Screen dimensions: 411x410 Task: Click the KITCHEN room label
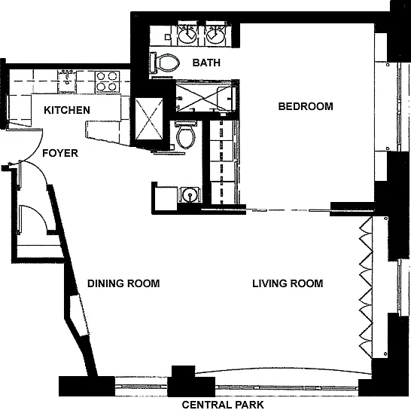(x=67, y=110)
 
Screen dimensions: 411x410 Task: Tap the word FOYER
(x=60, y=153)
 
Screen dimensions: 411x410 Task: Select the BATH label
(x=206, y=63)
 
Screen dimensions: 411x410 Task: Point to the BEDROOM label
(x=306, y=106)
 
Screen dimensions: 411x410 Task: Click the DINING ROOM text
(x=123, y=283)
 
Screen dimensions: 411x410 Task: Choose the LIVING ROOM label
(x=288, y=283)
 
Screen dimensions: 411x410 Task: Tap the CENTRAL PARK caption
(x=223, y=405)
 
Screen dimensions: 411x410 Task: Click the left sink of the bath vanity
(x=188, y=35)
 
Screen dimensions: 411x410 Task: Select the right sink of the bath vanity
(x=215, y=35)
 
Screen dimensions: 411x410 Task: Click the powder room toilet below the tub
(x=186, y=135)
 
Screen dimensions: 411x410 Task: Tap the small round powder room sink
(x=190, y=194)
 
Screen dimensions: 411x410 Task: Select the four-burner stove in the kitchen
(x=108, y=81)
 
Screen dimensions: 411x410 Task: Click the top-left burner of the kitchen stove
(x=102, y=76)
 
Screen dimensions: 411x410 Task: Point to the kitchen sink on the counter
(x=67, y=81)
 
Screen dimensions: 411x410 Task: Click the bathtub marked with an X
(x=205, y=96)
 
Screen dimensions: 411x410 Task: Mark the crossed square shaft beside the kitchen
(x=149, y=118)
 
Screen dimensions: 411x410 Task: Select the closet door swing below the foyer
(x=34, y=219)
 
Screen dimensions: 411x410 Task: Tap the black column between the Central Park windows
(x=191, y=381)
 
